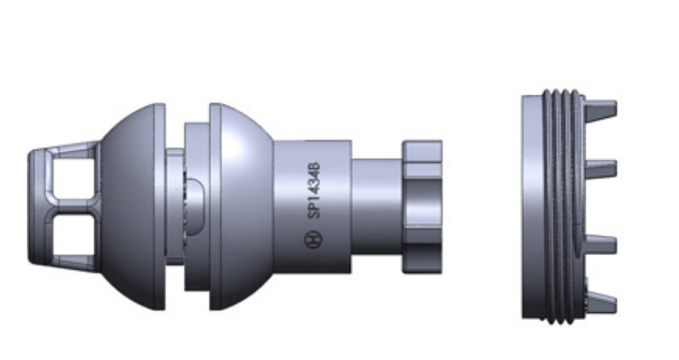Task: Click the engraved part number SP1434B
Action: click(315, 191)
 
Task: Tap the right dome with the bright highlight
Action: click(247, 207)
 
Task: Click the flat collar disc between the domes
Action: click(197, 207)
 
